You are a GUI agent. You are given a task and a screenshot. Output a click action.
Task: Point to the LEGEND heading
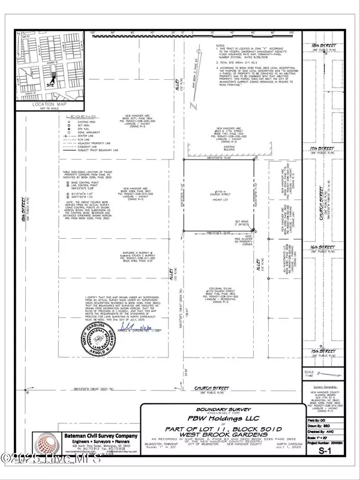click(x=79, y=117)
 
